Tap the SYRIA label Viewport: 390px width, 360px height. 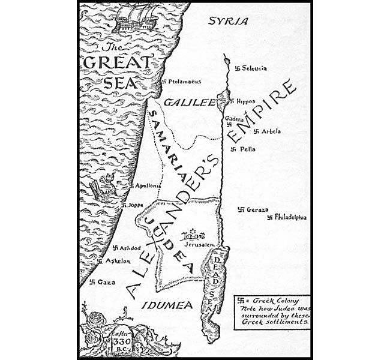pos(227,21)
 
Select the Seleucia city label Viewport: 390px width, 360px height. pos(254,68)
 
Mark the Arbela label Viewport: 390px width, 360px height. pos(272,131)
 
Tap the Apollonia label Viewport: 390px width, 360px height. pos(148,186)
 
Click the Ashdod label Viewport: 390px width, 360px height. pos(130,248)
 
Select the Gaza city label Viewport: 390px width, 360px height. pos(106,282)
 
